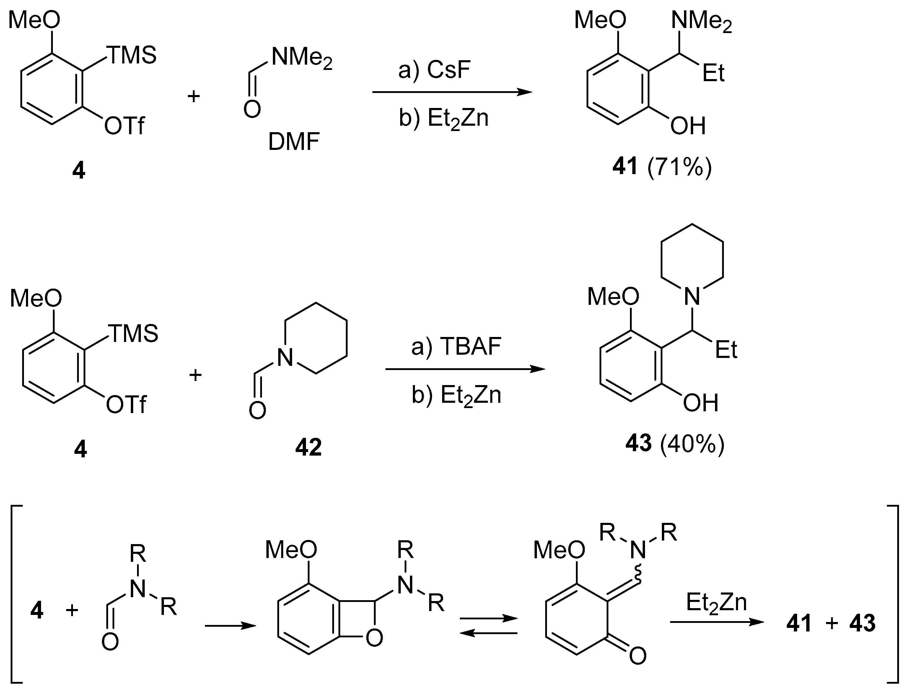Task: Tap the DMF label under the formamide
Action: tap(294, 143)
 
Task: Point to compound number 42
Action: tap(308, 448)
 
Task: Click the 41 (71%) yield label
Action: tap(662, 167)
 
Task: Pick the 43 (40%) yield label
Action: tap(675, 444)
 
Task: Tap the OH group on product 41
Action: tap(688, 126)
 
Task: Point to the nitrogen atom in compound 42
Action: tap(285, 358)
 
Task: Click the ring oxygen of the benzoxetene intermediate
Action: tap(374, 639)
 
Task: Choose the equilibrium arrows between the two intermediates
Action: tap(489, 626)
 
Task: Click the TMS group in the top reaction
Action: tap(132, 55)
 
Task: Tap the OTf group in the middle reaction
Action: tap(126, 405)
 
